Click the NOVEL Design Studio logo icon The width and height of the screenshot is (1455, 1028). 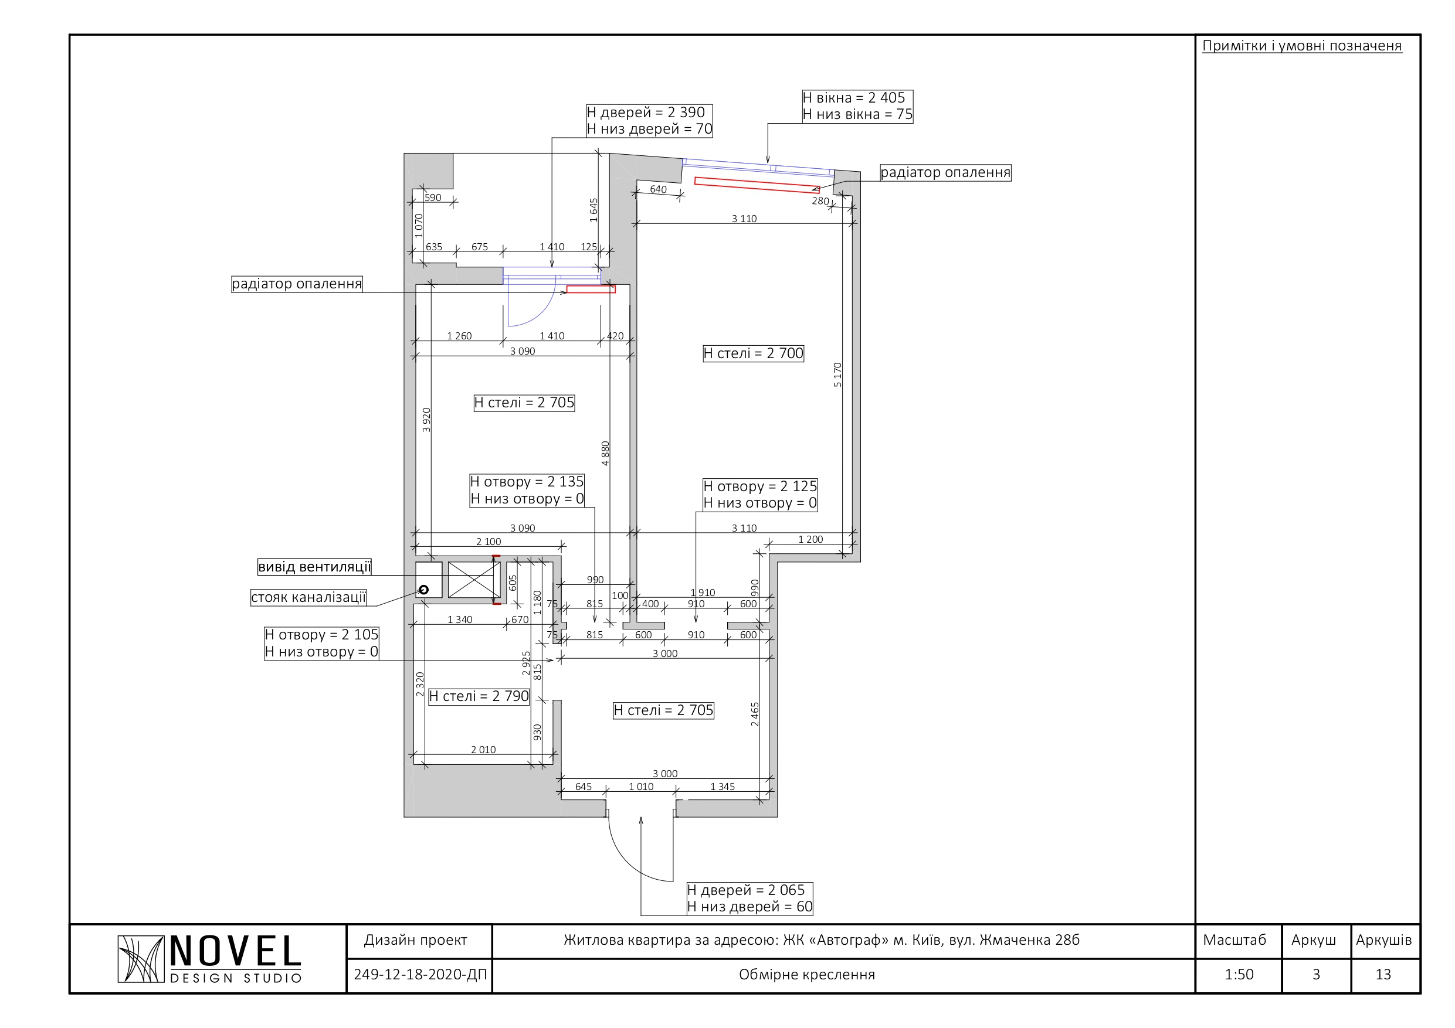tap(141, 959)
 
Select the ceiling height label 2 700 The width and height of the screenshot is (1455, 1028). tap(753, 353)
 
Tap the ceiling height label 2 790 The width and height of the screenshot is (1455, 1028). tap(479, 697)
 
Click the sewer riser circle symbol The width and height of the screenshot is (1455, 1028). tap(424, 590)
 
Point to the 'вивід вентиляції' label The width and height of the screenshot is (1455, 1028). tap(314, 567)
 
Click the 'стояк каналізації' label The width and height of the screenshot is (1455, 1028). tap(308, 597)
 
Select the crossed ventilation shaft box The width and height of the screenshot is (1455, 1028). tap(474, 580)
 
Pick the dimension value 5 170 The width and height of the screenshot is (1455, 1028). tap(837, 375)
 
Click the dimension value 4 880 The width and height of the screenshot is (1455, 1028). tap(605, 454)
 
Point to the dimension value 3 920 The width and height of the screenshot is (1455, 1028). tap(426, 420)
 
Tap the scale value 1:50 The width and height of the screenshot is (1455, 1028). tap(1239, 975)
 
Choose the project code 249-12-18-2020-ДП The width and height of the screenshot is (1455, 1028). tap(420, 975)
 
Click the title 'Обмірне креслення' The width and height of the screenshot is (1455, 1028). tap(807, 975)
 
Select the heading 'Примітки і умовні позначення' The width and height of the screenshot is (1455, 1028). tap(1303, 46)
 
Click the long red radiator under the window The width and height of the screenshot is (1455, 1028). tap(757, 184)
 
